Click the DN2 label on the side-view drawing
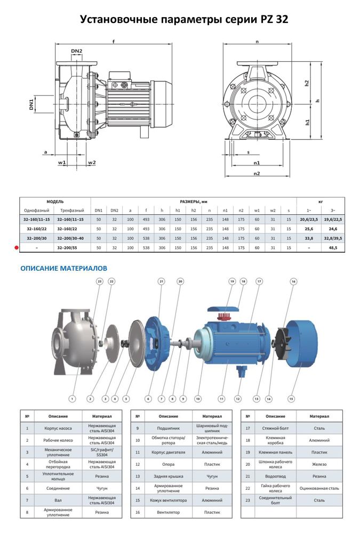pos(76,51)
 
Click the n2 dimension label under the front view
pos(257,173)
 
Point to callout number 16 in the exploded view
pos(293,281)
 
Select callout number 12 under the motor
pos(238,398)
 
